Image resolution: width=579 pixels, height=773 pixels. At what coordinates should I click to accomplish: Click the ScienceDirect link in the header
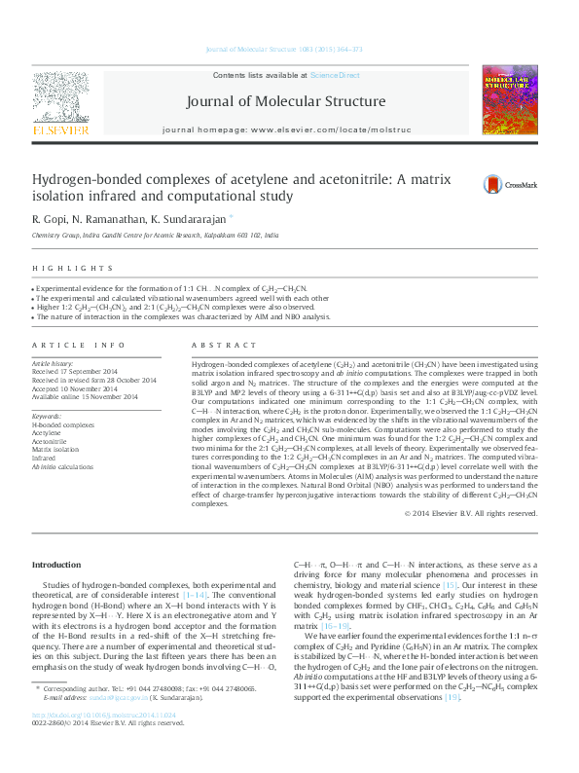335,75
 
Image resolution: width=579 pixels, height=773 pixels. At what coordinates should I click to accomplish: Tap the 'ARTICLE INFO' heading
79,345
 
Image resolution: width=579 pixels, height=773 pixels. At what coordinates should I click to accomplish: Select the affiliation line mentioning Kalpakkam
155,235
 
